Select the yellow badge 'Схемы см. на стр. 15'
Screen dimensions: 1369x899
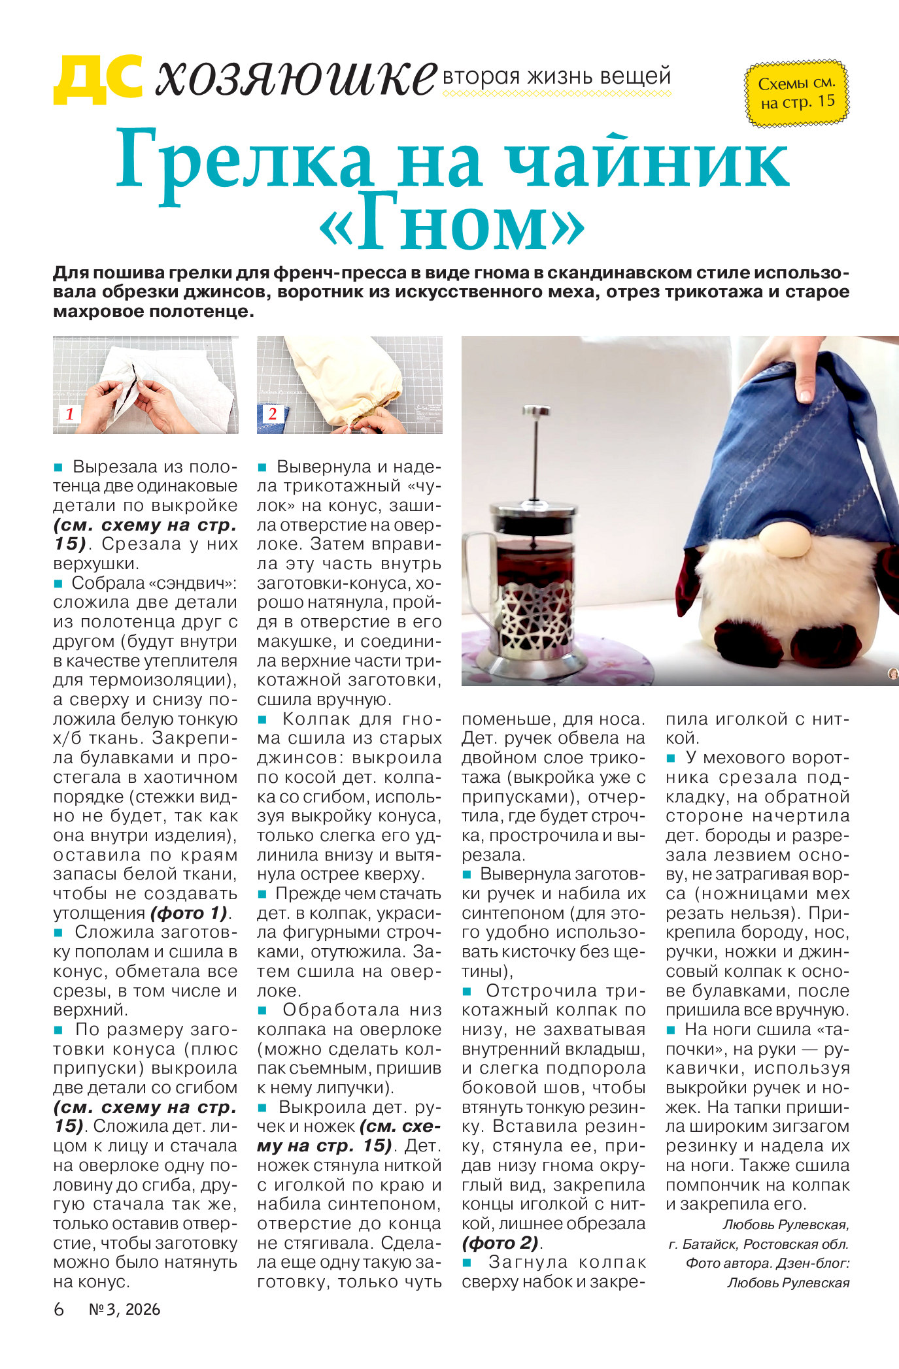click(797, 93)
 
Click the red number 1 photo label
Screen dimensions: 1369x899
click(69, 414)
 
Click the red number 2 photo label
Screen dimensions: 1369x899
click(273, 414)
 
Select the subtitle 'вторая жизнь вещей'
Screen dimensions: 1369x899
click(557, 76)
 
